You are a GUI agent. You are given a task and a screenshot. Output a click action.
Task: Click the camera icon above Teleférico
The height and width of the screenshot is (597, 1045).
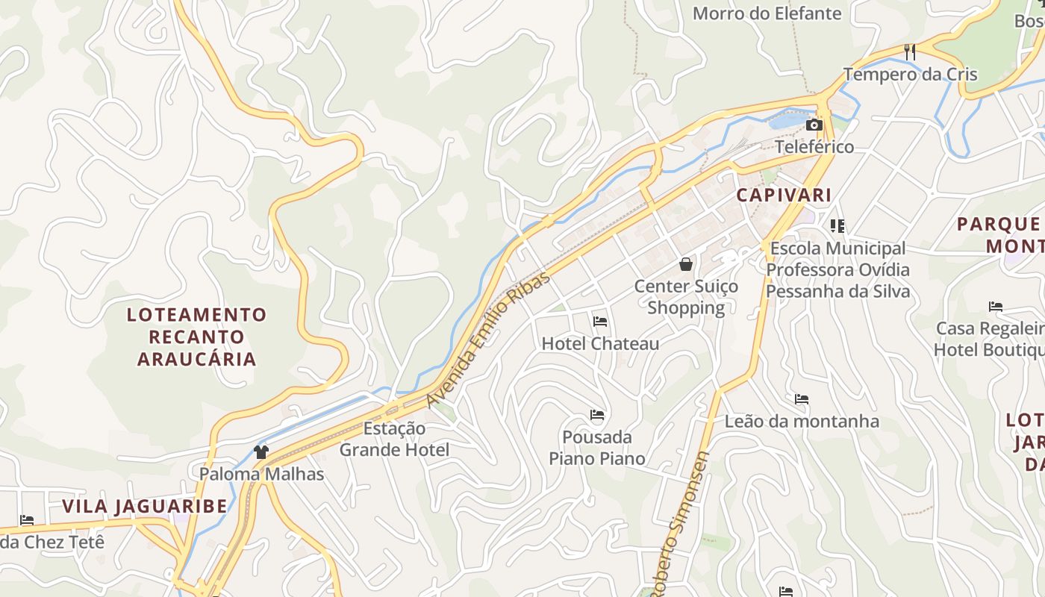click(x=814, y=125)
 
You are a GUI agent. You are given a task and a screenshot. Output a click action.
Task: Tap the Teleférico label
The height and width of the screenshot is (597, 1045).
click(x=814, y=147)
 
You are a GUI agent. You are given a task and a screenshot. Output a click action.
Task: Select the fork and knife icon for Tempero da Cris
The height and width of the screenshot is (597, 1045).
click(x=910, y=52)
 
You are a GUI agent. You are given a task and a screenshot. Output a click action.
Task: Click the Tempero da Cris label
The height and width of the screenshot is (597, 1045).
click(x=910, y=75)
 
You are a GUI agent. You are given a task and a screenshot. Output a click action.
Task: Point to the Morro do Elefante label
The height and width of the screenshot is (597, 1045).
click(x=767, y=13)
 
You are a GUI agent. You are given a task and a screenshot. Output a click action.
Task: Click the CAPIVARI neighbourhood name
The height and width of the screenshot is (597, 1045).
click(x=784, y=196)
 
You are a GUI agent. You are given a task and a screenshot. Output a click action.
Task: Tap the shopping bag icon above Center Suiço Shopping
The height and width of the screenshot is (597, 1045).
click(x=686, y=264)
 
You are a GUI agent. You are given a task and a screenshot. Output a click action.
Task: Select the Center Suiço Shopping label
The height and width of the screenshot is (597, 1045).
click(x=686, y=297)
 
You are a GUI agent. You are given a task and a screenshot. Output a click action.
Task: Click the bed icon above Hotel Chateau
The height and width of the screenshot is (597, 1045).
click(x=600, y=322)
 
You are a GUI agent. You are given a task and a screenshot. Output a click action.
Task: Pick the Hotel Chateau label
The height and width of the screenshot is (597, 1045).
click(x=600, y=344)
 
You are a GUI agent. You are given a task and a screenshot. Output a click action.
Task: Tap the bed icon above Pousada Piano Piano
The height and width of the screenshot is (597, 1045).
click(x=597, y=415)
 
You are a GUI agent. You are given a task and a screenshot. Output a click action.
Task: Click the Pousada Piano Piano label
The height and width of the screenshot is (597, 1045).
click(x=597, y=448)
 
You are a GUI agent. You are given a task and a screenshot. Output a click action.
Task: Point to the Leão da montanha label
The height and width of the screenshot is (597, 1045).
click(x=802, y=422)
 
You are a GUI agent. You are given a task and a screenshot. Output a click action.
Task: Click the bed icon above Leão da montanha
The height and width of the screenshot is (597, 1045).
click(x=802, y=399)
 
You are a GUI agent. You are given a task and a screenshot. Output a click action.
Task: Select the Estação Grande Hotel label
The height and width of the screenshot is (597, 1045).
click(x=394, y=440)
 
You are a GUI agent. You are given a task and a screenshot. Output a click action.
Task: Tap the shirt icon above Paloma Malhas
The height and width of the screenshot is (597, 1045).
click(x=261, y=451)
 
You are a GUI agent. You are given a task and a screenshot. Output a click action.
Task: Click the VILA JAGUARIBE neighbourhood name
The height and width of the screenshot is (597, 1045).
click(x=145, y=507)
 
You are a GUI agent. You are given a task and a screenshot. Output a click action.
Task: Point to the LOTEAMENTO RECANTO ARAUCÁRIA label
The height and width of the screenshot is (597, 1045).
click(x=197, y=337)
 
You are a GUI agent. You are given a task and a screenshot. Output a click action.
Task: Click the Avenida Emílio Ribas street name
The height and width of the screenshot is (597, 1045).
click(x=488, y=340)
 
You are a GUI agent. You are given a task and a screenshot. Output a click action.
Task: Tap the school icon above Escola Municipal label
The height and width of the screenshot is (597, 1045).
click(x=837, y=225)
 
